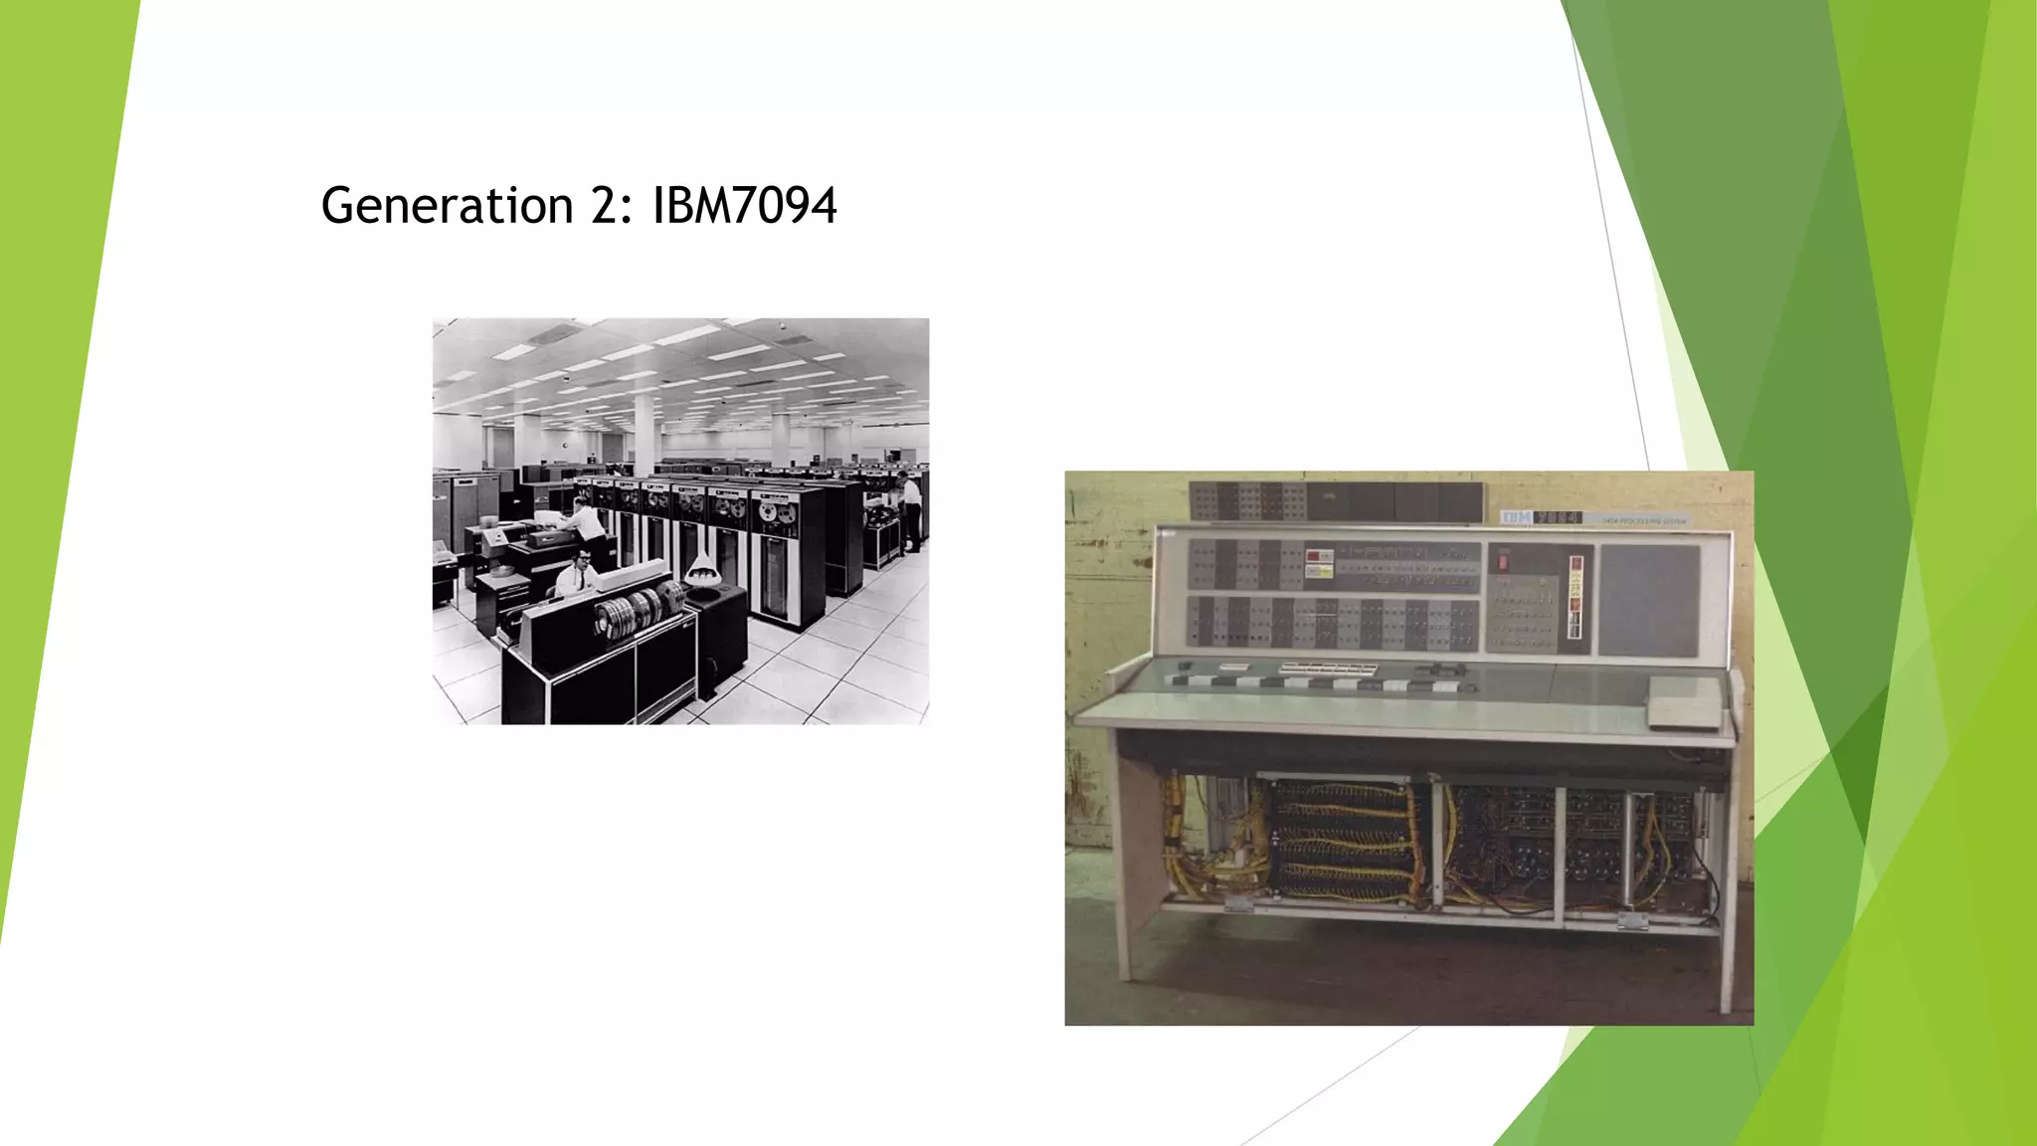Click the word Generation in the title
coord(447,206)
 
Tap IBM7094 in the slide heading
coord(744,206)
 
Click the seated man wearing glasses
coord(577,572)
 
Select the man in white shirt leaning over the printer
coord(584,521)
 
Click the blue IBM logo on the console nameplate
coord(1516,517)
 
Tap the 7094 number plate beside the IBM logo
coord(1558,517)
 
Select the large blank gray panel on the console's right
coord(1649,600)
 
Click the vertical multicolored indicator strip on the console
coord(1574,597)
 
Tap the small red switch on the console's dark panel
coord(1503,561)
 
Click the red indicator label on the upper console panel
coord(1319,556)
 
